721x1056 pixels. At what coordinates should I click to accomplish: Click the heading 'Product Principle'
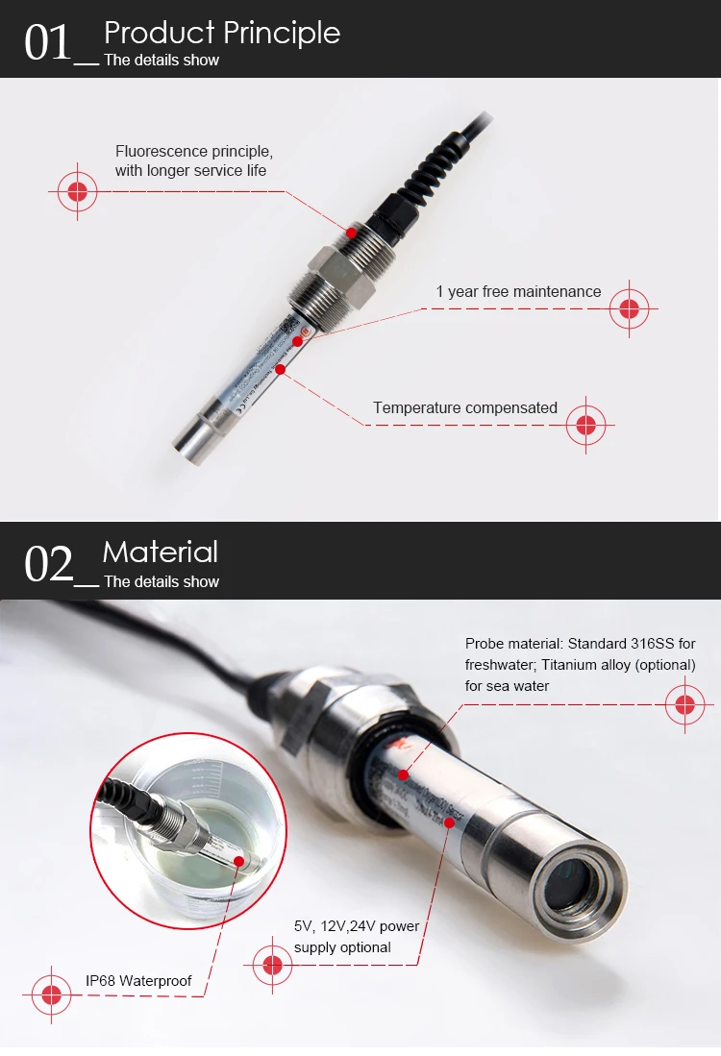(221, 33)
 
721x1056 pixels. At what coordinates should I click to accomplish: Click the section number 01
(48, 43)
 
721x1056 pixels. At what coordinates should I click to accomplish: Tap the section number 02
(48, 564)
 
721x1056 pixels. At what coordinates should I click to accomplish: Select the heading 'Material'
(160, 552)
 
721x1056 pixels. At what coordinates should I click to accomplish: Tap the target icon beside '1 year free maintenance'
(630, 309)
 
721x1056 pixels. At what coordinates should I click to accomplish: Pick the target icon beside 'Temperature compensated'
(585, 423)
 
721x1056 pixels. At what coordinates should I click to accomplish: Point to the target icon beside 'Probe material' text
(684, 705)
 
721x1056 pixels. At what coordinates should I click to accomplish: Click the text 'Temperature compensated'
(464, 408)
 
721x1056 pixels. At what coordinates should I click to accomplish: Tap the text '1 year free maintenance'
(518, 292)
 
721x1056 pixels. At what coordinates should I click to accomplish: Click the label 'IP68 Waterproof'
(138, 981)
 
